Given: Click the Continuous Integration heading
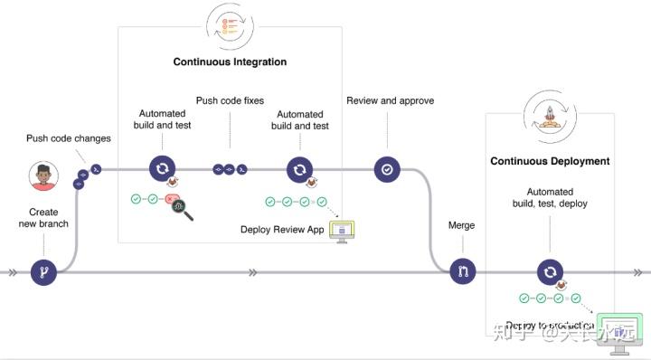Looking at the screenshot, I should click(x=230, y=62).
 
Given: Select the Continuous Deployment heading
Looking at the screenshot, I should click(x=550, y=161).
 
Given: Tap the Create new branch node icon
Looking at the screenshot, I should click(x=43, y=271).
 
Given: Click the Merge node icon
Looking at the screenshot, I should click(x=463, y=271).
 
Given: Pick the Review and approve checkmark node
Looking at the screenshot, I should click(x=387, y=168).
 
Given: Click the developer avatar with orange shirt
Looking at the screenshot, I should click(x=42, y=176).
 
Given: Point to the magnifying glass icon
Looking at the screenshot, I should click(x=186, y=210).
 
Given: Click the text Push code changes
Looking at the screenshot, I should click(x=69, y=138).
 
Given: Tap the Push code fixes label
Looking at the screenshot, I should click(x=230, y=100).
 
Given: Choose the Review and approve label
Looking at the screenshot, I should click(x=390, y=100).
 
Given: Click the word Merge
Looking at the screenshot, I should click(x=462, y=224).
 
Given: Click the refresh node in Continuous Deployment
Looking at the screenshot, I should click(x=550, y=271).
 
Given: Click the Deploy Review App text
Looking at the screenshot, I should click(x=282, y=230).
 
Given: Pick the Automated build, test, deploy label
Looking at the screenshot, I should click(x=550, y=197).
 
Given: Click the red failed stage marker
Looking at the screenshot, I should click(x=172, y=199).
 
